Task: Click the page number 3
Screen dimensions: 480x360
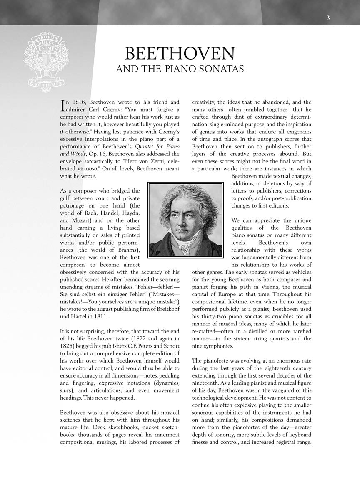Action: [x=328, y=18]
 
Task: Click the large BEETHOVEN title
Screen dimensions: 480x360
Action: [x=180, y=54]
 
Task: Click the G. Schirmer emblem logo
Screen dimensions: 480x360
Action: [x=46, y=62]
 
